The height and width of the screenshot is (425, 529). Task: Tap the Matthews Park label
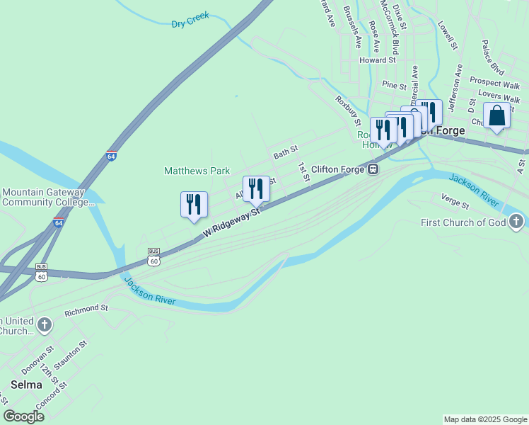(197, 171)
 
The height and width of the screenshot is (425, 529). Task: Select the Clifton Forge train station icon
(372, 169)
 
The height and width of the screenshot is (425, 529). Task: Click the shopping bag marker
(496, 115)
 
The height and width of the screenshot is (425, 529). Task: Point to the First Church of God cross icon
(517, 222)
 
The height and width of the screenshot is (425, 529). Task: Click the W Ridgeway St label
(231, 222)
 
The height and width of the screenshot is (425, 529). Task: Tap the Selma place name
(27, 385)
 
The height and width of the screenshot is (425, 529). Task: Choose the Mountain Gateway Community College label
(48, 197)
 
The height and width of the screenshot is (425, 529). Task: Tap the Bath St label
(286, 152)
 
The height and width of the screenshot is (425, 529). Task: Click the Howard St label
(377, 60)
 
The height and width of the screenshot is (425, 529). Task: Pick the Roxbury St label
(349, 106)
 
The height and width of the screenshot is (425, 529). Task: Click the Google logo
(23, 416)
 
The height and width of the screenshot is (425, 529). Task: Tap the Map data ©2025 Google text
(484, 419)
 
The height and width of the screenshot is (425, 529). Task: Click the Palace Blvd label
(492, 58)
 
